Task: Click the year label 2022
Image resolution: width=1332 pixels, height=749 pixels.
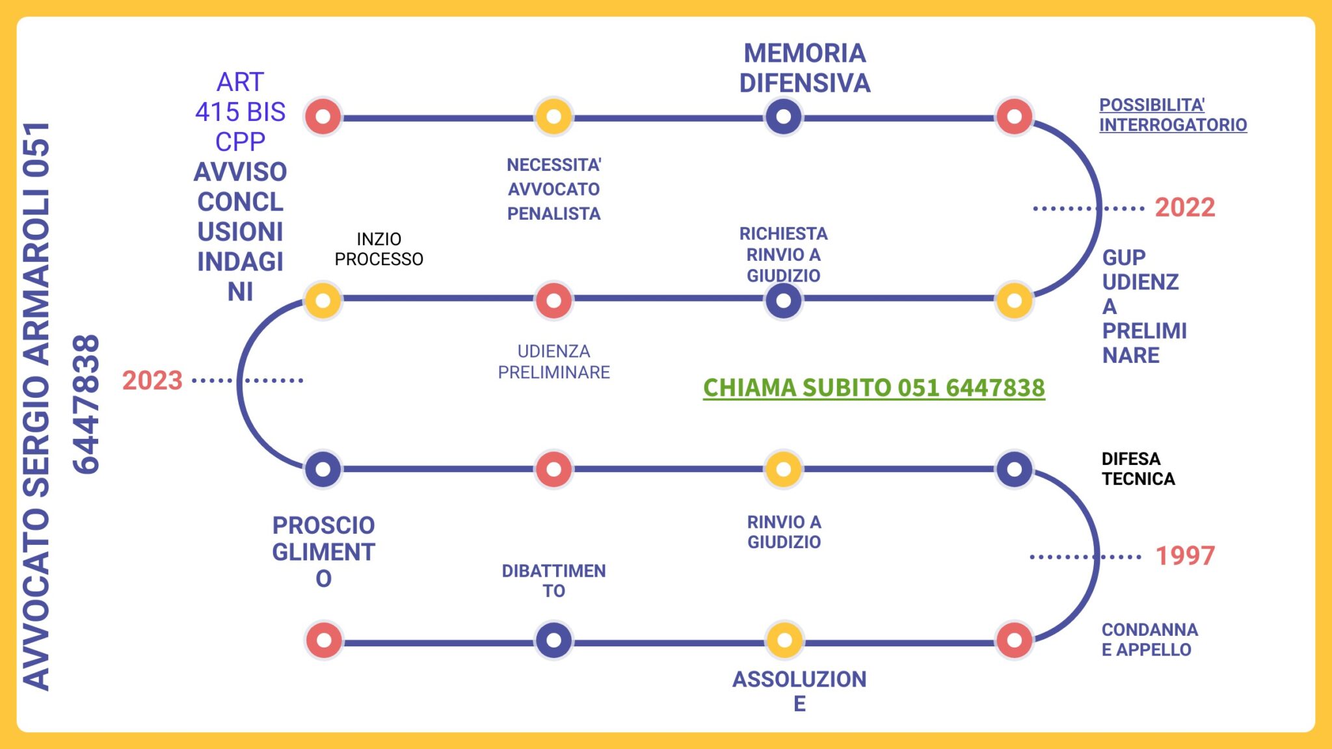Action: point(1184,208)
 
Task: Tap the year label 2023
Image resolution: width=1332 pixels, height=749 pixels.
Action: point(152,380)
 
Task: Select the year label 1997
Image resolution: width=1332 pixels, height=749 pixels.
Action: point(1184,556)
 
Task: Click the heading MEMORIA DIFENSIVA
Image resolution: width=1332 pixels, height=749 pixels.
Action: point(805,68)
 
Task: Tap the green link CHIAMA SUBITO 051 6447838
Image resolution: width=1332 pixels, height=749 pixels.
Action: point(873,388)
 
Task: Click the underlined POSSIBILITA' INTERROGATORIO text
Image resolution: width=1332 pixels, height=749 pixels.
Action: point(1172,115)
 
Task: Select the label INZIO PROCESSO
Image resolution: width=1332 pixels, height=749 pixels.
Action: point(379,249)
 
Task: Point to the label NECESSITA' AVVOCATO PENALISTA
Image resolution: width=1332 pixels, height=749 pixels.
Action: point(553,189)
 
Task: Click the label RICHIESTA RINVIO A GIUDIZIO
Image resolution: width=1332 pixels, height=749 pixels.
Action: point(783,254)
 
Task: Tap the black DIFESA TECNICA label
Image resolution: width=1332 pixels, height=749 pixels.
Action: point(1138,469)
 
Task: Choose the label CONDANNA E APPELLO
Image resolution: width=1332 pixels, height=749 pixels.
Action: point(1149,639)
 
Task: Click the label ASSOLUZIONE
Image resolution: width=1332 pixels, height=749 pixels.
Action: point(799,690)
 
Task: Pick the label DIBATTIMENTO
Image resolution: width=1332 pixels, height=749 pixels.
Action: point(553,581)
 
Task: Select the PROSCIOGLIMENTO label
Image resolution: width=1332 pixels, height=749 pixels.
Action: point(323,551)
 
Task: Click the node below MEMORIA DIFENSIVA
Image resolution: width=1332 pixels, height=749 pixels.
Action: point(783,117)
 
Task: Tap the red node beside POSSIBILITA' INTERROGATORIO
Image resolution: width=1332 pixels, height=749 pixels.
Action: point(1013,117)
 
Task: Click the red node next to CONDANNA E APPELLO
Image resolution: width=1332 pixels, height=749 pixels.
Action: point(1013,640)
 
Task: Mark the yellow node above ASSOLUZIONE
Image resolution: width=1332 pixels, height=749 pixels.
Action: point(784,640)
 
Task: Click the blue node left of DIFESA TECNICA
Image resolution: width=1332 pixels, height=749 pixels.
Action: point(1013,469)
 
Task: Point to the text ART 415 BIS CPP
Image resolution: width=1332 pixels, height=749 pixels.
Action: point(240,112)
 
